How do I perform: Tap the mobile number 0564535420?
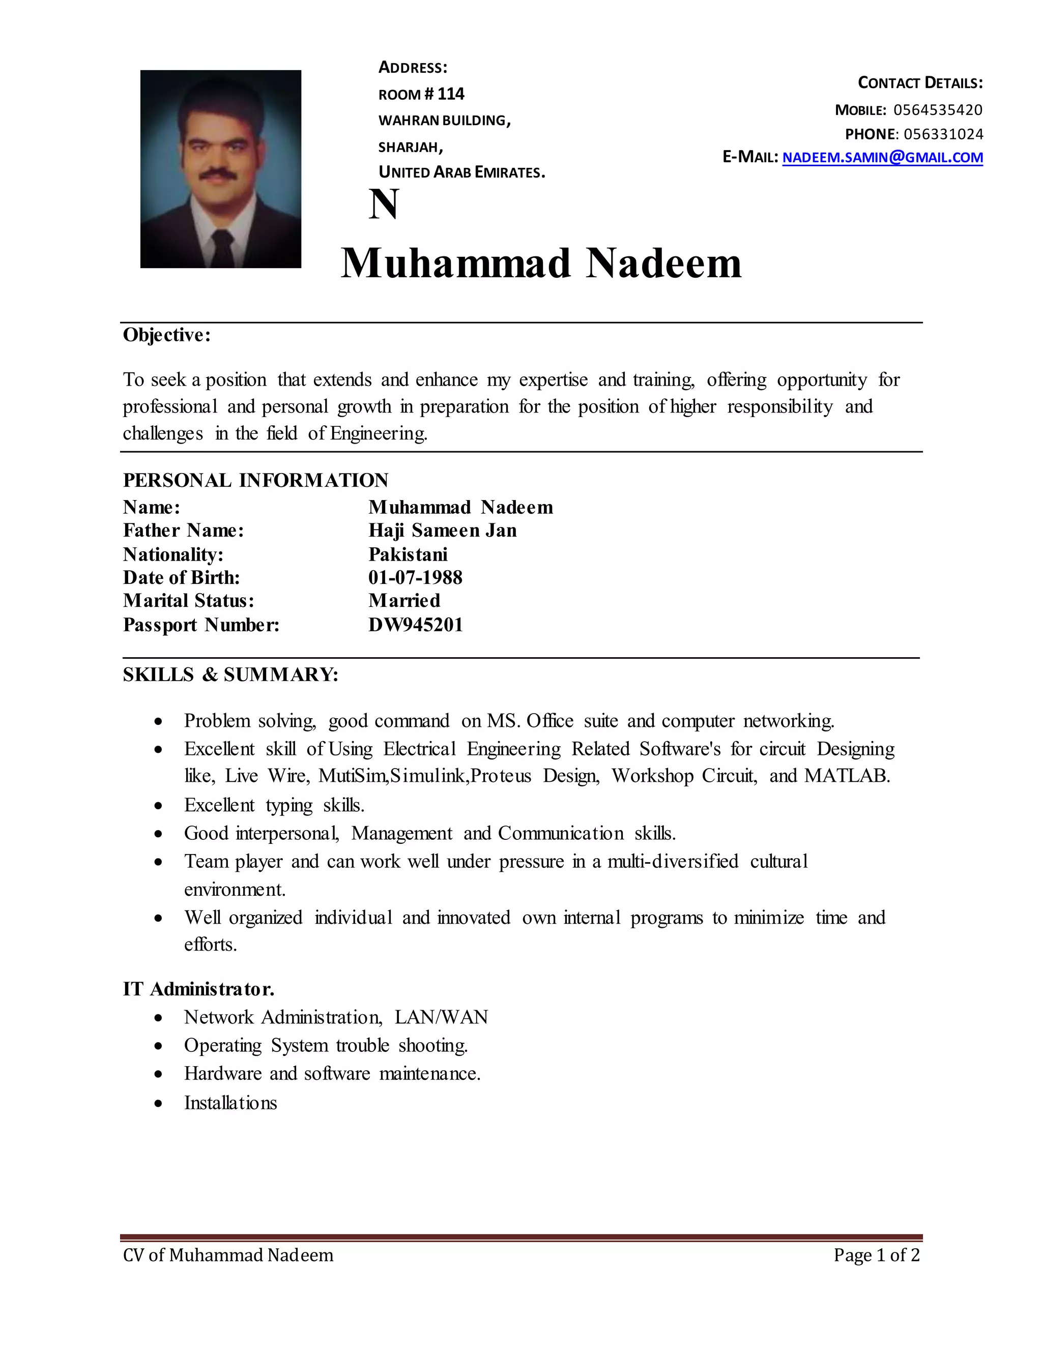point(938,110)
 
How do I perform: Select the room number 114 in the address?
point(451,94)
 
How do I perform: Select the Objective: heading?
point(167,335)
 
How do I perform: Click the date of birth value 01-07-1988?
point(416,578)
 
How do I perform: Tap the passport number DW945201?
point(416,625)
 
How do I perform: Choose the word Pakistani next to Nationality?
point(408,554)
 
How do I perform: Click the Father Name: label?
point(183,530)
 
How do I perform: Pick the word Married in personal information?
point(404,601)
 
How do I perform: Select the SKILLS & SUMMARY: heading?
point(230,675)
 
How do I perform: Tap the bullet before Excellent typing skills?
point(159,805)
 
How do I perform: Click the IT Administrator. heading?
point(198,989)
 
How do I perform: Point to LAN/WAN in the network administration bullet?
point(441,1017)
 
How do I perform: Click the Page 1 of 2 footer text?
point(876,1255)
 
